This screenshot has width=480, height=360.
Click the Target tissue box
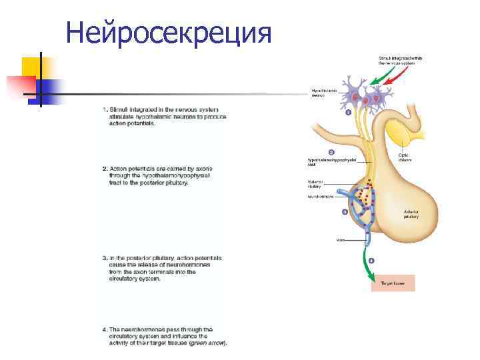[x=392, y=283]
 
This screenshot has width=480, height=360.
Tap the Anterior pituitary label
[x=411, y=215]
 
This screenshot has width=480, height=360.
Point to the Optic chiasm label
[x=405, y=158]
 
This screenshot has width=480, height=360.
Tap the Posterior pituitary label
[x=316, y=184]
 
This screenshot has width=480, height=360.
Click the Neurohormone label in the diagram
[x=320, y=197]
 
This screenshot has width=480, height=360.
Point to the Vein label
[x=340, y=239]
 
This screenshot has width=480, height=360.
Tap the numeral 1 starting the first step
[x=105, y=109]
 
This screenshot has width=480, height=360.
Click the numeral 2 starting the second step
[x=105, y=169]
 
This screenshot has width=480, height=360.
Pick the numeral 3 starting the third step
[x=105, y=257]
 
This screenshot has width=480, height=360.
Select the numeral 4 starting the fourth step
[x=105, y=329]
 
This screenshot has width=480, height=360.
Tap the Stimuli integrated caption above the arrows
[x=400, y=61]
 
